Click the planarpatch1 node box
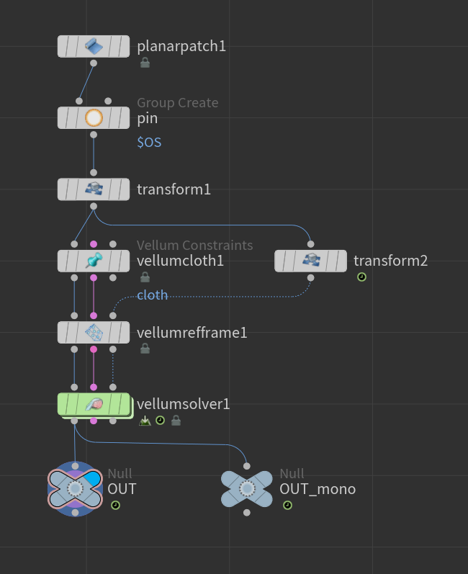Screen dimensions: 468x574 [94, 46]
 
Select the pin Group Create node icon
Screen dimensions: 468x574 [94, 118]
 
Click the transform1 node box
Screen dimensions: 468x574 [94, 189]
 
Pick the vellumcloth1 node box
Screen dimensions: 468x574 [94, 261]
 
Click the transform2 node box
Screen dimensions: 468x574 [310, 261]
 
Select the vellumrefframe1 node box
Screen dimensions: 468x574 [94, 333]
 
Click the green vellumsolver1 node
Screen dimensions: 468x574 [94, 405]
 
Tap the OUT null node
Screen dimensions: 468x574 [75, 489]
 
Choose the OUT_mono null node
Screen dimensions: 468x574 [247, 489]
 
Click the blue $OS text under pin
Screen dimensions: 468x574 [149, 142]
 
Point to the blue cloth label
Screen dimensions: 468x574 [152, 295]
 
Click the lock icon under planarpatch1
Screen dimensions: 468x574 [145, 63]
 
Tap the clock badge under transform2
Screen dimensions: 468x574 [362, 277]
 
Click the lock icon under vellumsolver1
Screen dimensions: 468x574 [176, 421]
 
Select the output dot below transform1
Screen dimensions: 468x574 [94, 207]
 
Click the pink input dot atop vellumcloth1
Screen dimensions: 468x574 [94, 244]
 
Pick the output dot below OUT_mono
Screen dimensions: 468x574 [247, 513]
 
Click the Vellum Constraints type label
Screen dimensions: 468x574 [194, 246]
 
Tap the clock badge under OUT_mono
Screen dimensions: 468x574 [287, 506]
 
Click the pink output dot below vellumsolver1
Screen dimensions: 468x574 [94, 421]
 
